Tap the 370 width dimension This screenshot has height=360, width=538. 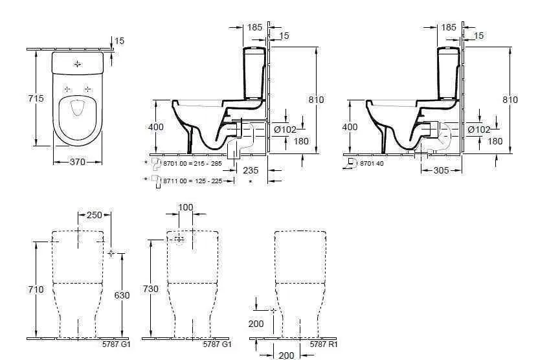(77, 162)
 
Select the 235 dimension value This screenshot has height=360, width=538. (251, 170)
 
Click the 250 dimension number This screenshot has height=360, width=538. (95, 215)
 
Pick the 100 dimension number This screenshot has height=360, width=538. (186, 207)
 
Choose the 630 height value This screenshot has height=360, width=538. (122, 295)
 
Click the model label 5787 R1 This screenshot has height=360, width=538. (324, 344)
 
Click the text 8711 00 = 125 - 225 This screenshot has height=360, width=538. (192, 181)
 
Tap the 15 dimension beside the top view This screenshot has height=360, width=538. (119, 41)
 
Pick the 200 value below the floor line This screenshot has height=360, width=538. (286, 355)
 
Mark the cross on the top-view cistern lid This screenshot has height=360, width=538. (78, 64)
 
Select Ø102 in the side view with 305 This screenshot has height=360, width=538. (479, 129)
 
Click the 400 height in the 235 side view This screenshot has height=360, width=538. (156, 127)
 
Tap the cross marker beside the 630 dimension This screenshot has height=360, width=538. (111, 253)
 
